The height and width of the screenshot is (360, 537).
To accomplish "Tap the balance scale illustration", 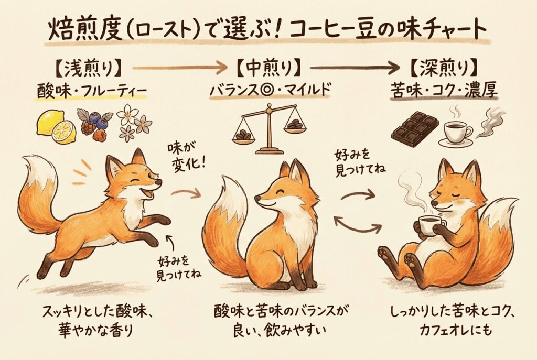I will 267,128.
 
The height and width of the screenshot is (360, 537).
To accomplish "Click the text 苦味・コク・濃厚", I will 444,91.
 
